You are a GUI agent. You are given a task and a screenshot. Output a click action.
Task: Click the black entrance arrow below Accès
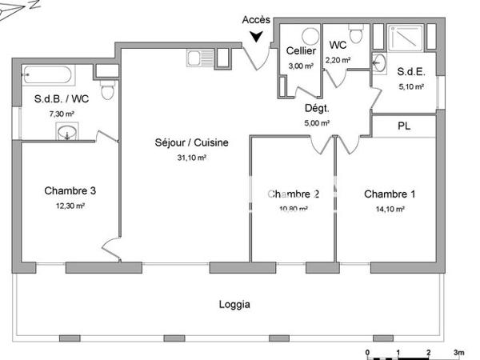click(x=256, y=36)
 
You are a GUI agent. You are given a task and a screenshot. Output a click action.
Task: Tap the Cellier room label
click(x=300, y=51)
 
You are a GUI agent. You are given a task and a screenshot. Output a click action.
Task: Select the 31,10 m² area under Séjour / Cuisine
click(x=192, y=158)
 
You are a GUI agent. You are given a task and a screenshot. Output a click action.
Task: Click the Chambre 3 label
click(x=70, y=190)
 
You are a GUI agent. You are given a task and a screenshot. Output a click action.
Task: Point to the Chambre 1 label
click(x=390, y=194)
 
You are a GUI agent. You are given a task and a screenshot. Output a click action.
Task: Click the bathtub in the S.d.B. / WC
click(x=46, y=78)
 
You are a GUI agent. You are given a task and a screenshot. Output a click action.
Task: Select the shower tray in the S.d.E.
click(x=410, y=39)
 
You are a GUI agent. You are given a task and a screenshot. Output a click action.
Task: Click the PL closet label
click(x=404, y=126)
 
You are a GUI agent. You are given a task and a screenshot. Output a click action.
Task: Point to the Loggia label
click(x=234, y=304)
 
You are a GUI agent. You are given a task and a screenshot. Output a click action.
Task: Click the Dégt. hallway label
click(x=317, y=109)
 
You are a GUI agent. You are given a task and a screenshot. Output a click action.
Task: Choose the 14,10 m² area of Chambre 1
click(x=390, y=209)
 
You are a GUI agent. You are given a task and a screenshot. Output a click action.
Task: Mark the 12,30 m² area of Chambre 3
click(x=70, y=206)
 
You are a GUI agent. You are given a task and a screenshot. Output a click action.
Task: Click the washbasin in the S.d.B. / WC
click(x=68, y=132)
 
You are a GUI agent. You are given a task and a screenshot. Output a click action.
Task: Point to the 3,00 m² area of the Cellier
click(x=300, y=66)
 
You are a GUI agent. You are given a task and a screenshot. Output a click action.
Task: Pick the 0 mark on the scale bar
click(x=367, y=352)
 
